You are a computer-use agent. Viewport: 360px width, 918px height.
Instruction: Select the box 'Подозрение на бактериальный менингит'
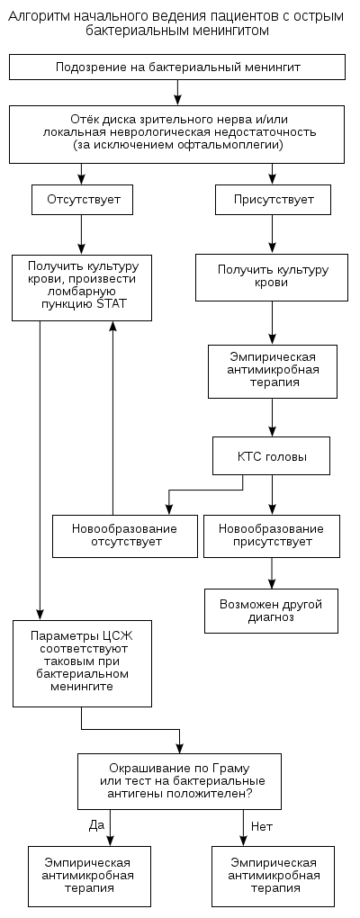coord(178,67)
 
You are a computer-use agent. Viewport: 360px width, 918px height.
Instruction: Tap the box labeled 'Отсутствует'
coord(82,199)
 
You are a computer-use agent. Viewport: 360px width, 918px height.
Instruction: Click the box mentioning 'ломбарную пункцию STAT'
coord(82,287)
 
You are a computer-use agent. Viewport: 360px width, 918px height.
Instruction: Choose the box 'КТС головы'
coord(272,455)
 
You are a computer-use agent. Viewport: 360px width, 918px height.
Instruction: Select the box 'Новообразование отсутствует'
coord(125,535)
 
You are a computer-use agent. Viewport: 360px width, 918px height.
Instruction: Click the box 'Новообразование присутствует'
coord(271,535)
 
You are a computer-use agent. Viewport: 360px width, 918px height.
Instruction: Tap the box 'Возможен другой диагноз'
coord(271,610)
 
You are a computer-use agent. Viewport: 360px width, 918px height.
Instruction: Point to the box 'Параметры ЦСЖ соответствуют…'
coord(82,663)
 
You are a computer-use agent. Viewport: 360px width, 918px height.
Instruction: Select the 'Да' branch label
coord(96,825)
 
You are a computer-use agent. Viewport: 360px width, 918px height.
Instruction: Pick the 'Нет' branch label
coord(262,826)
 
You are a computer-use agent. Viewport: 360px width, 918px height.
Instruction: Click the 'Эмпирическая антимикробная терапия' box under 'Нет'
coord(274,876)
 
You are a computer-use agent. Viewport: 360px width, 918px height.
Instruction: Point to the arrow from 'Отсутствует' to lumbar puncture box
coord(82,234)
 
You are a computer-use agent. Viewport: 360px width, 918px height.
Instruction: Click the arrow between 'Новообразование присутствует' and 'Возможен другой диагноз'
coord(272,573)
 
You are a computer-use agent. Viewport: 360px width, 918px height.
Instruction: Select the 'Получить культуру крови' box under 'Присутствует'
coord(273,276)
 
